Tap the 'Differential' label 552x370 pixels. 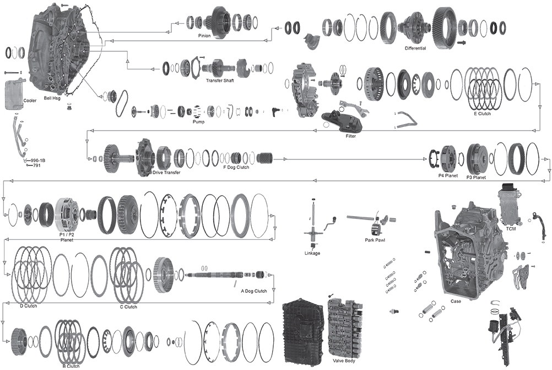(415, 49)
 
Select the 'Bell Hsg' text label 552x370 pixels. (52, 98)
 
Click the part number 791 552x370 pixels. (37, 165)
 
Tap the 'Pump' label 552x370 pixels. (198, 121)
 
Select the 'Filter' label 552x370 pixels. (351, 136)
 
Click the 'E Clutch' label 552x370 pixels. (482, 114)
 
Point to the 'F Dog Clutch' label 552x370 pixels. (236, 167)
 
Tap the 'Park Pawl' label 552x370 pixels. (375, 240)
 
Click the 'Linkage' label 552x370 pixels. (312, 253)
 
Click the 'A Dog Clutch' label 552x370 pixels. (253, 291)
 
